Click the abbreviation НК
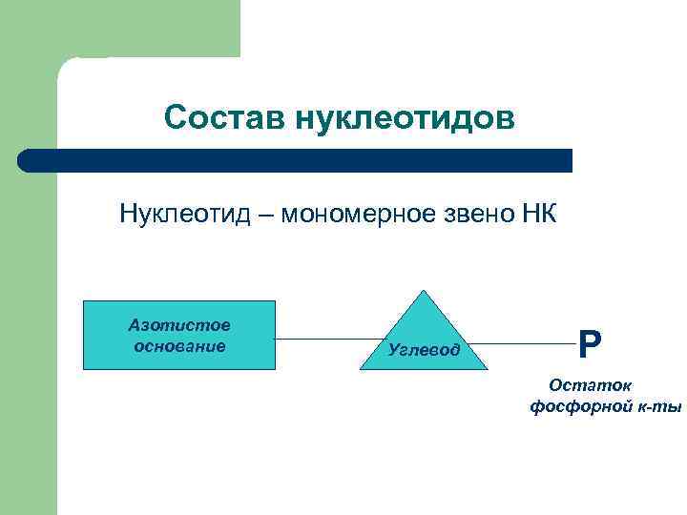pos(537,212)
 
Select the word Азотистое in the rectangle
pos(179,325)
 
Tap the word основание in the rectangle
pos(179,345)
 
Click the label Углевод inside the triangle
pos(424,350)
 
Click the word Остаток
pos(591,386)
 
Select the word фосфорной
pos(574,407)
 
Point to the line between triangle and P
pos(520,343)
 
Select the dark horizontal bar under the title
pos(296,160)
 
